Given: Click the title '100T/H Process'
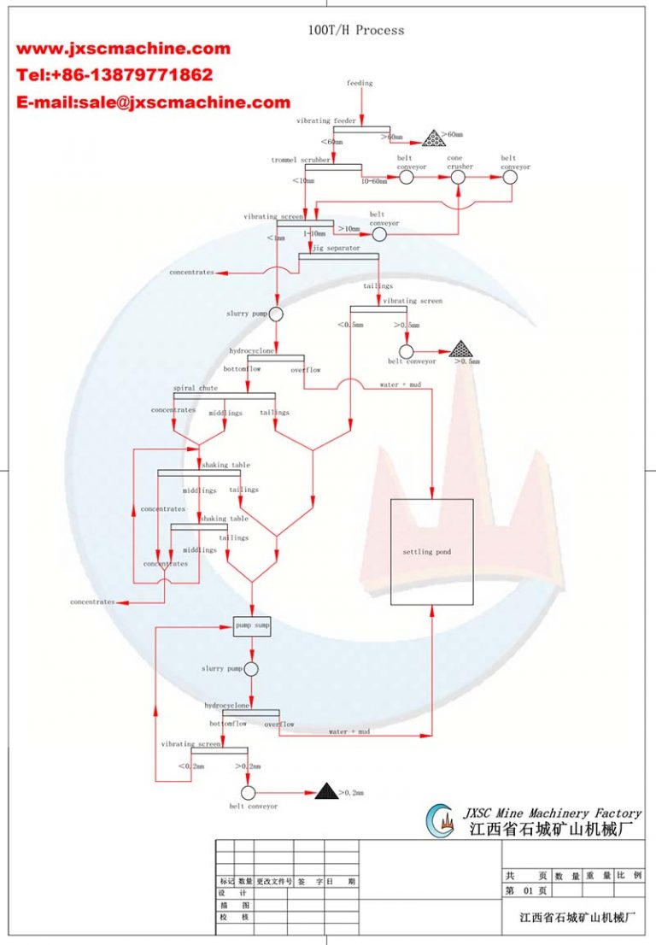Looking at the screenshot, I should (x=356, y=30).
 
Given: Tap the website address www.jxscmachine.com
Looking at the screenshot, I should (x=124, y=49).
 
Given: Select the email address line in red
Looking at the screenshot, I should (x=154, y=103).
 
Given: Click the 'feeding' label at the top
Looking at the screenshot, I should (x=360, y=83).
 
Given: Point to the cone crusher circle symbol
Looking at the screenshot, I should (x=459, y=177).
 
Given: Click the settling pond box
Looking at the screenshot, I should (x=431, y=552).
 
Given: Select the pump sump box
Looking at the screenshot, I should (x=253, y=625).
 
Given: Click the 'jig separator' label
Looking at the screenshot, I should (x=335, y=248).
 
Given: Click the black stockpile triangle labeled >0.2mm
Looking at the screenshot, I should (x=325, y=792).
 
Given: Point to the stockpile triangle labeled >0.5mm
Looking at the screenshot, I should (x=460, y=349).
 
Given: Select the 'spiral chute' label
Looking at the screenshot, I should (x=196, y=388).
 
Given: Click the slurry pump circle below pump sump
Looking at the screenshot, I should (x=251, y=669).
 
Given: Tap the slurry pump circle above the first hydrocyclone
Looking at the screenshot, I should (x=276, y=314).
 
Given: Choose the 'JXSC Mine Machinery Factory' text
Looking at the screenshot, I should (x=551, y=813).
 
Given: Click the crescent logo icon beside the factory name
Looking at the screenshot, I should (x=442, y=821).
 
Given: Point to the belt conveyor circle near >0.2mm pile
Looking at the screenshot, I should (x=249, y=793).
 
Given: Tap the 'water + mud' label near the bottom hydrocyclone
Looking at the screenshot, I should (x=349, y=731).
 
